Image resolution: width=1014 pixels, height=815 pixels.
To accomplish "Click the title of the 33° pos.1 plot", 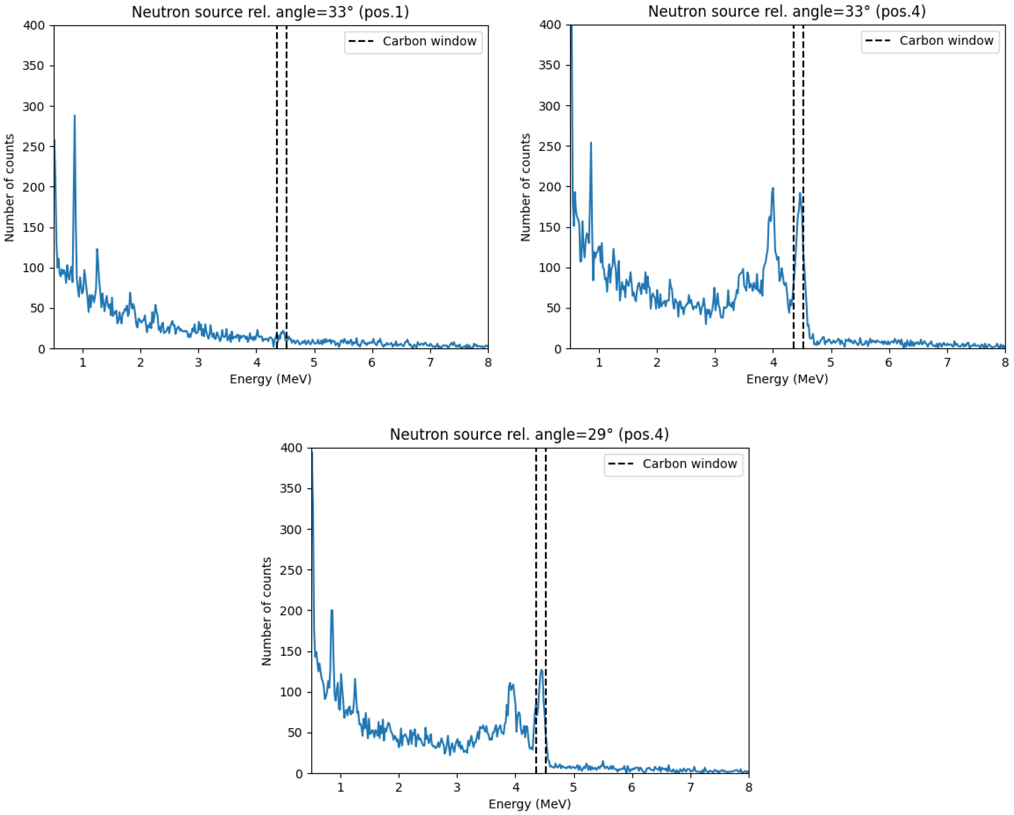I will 270,12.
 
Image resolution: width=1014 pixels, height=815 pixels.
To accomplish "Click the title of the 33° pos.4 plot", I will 786,11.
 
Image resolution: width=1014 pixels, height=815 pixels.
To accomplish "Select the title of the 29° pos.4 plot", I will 529,434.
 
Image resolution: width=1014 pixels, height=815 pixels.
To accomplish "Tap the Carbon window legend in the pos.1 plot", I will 413,42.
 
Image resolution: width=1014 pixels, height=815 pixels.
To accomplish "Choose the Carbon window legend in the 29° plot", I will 673,464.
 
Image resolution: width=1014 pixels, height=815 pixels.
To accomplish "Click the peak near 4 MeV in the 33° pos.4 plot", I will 773,188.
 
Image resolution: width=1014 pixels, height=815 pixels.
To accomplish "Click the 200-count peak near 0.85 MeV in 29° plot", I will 332,611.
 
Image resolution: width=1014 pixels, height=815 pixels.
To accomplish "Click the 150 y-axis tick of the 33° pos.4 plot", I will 550,227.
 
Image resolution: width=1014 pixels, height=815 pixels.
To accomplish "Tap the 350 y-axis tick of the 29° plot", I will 291,489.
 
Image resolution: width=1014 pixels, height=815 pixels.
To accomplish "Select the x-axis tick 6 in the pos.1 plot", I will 372,363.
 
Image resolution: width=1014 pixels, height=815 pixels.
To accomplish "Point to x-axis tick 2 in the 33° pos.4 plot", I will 657,363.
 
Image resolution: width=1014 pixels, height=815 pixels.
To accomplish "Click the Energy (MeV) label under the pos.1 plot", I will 270,379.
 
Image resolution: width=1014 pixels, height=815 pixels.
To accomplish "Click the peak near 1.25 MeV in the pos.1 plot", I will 97,250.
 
